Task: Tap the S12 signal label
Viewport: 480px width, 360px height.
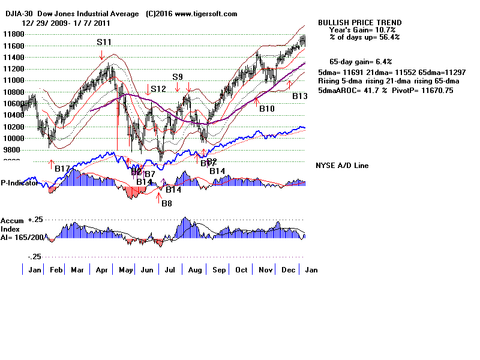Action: coord(158,89)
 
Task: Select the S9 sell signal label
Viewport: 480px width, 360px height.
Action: coord(178,77)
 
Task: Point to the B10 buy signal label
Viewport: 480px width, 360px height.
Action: coord(266,109)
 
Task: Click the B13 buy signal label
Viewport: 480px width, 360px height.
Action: coord(300,96)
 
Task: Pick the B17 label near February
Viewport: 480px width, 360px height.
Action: coord(62,169)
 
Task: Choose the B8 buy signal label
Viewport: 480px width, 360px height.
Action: coord(166,203)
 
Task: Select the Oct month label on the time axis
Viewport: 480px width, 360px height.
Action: coord(242,270)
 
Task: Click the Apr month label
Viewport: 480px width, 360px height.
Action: coord(101,270)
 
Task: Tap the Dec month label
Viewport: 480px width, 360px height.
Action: coord(289,270)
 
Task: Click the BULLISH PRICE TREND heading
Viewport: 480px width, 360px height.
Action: coord(360,23)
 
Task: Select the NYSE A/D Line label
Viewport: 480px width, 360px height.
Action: coord(342,166)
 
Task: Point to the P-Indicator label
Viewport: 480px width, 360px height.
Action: coord(19,184)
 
